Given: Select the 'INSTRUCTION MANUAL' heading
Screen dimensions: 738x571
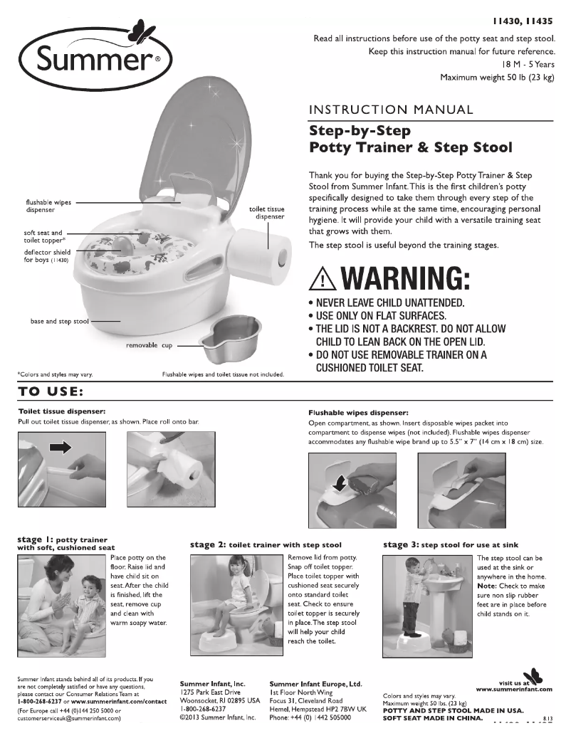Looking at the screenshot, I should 391,110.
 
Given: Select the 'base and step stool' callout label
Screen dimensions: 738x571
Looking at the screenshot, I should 59,322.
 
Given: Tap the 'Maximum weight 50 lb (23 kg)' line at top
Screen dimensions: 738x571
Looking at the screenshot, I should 497,77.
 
